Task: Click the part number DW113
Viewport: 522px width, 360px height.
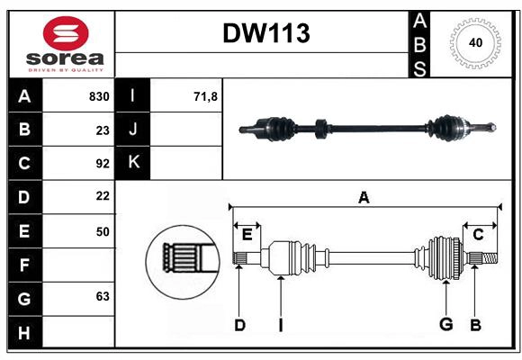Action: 265,34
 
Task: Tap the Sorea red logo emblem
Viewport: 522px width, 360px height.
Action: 66,36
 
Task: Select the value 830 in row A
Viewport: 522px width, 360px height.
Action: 98,96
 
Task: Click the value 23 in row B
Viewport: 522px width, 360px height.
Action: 102,130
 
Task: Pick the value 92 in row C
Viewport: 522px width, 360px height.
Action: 102,164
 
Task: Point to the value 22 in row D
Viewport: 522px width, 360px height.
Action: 102,196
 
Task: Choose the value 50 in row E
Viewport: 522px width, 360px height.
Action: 102,231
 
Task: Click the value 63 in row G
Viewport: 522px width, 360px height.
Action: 102,296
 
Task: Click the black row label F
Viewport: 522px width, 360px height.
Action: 24,265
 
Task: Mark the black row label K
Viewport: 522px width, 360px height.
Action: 133,163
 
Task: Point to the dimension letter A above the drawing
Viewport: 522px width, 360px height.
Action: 364,198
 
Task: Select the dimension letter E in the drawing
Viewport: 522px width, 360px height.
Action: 247,235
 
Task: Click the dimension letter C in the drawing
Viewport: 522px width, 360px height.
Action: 479,234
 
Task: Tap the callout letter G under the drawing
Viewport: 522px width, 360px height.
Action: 445,325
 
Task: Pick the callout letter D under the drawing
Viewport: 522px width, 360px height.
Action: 239,325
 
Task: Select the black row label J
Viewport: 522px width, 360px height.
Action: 133,130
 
